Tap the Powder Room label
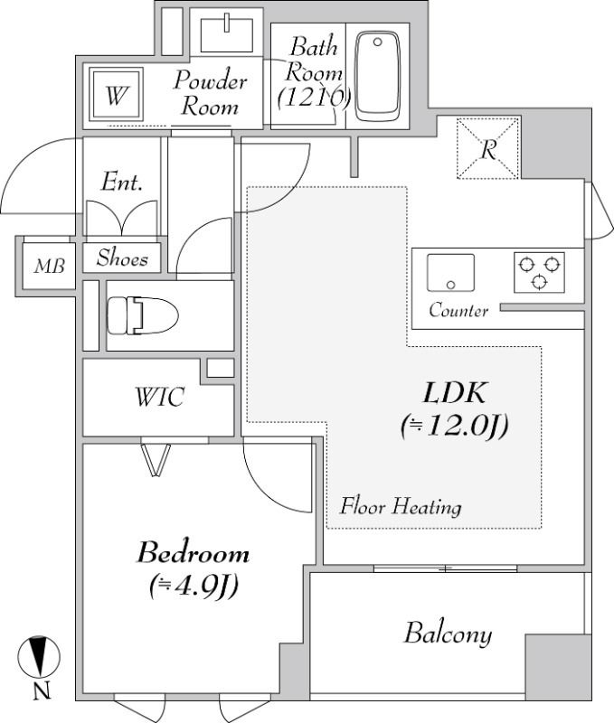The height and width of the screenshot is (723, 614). pos(211,93)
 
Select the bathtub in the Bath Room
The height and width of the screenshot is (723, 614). pos(377,77)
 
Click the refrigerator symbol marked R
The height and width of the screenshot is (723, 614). pos(487,149)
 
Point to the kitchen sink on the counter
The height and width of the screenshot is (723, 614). pos(450,272)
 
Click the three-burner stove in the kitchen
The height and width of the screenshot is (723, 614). pos(539,272)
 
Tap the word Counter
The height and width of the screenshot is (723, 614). pos(458,311)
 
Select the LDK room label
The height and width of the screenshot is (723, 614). pos(455,408)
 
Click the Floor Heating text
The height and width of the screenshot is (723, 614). pos(400,506)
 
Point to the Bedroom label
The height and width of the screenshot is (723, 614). pos(193,568)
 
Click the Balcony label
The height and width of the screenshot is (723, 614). pos(448,634)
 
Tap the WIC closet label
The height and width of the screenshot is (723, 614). pos(160,397)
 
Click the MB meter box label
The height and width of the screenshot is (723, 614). pos(49,267)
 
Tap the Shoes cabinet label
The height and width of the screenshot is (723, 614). pos(122,258)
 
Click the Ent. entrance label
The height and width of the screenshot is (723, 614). pos(121,183)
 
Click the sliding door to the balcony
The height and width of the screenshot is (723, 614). pos(445,568)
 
